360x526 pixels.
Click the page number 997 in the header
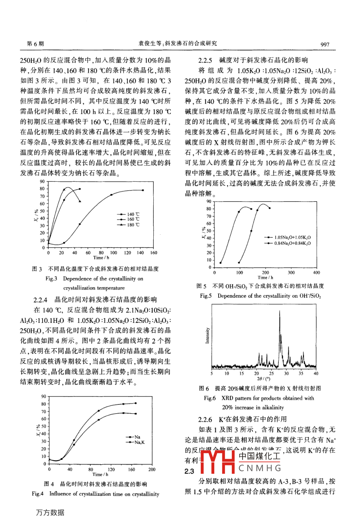point(325,44)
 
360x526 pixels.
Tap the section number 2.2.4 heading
point(41,299)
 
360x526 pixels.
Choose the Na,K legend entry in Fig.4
point(139,442)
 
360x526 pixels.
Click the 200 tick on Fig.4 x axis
point(152,469)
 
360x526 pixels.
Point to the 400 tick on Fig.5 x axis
point(316,273)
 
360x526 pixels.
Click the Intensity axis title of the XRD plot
point(207,336)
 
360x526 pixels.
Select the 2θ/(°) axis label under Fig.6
point(263,378)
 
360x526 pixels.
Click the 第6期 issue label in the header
point(35,44)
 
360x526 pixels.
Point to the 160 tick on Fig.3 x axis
point(153,253)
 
